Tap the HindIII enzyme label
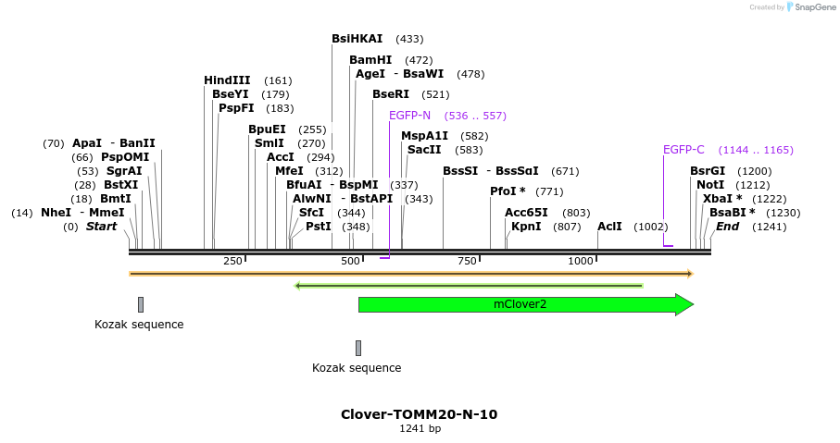coord(227,80)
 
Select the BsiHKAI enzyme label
coord(357,39)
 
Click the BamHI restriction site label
coord(370,60)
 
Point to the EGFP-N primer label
coord(409,116)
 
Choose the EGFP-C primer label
coord(683,150)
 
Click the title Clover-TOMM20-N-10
coord(419,414)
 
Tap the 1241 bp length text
coord(420,429)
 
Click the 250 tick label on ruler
coord(232,261)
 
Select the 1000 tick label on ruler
coord(581,261)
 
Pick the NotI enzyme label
coord(710,185)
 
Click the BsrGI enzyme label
coord(708,171)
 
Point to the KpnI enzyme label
coord(526,227)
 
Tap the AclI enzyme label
coord(609,227)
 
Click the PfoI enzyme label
coord(504,191)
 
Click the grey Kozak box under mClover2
coord(358,348)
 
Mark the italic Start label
coord(102,227)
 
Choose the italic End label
coord(728,227)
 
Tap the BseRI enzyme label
coord(391,94)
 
